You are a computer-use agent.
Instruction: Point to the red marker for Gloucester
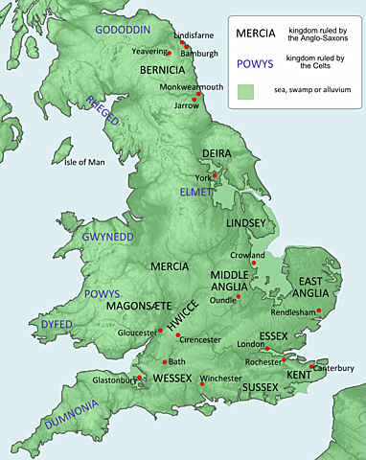(160, 332)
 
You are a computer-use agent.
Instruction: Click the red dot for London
(267, 347)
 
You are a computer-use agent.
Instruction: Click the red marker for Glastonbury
(140, 377)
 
